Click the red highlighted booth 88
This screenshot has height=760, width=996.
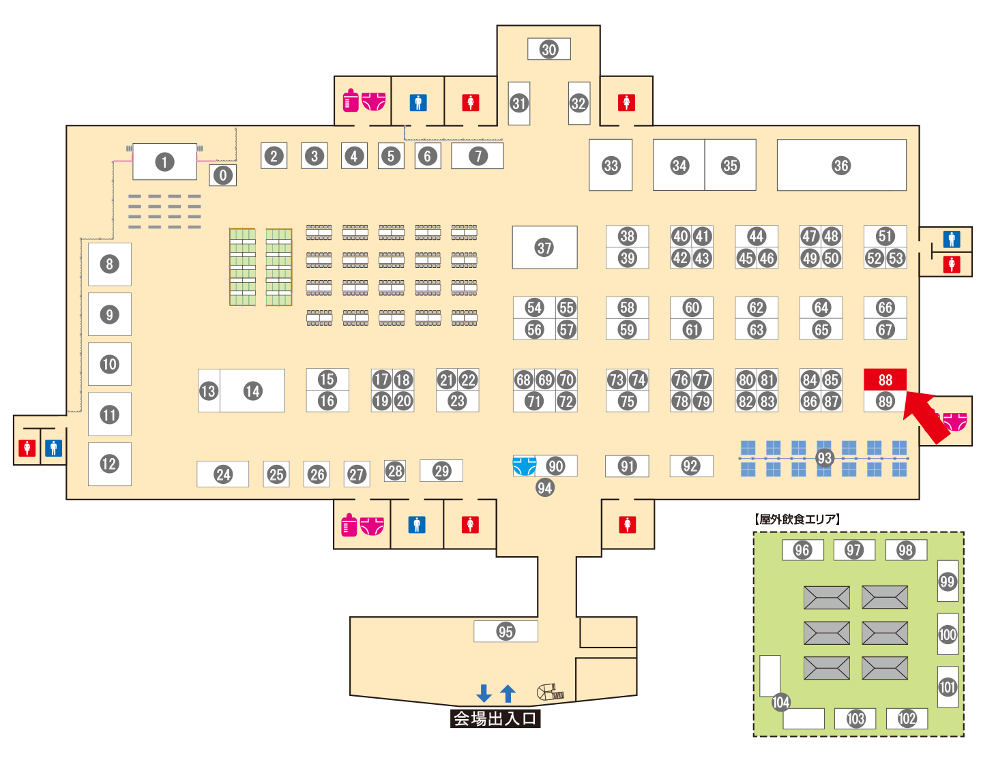885,380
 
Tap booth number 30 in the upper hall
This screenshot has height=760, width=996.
548,49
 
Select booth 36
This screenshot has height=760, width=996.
840,165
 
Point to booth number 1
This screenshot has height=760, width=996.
164,162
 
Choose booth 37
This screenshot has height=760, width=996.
544,247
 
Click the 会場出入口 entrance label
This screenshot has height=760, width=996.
495,718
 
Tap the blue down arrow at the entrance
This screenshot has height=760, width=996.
484,693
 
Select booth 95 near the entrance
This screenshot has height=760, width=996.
506,631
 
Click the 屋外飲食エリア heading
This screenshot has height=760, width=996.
797,519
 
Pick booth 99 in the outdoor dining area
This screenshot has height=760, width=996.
947,581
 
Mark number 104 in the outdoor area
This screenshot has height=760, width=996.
780,702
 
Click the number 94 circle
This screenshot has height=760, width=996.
544,487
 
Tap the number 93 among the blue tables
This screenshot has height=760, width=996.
824,458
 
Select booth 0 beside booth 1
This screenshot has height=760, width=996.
222,175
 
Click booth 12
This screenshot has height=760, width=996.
109,463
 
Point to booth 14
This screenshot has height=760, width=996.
252,391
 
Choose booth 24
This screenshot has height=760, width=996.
223,474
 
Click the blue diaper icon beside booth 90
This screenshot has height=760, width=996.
523,466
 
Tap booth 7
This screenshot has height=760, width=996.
478,156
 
